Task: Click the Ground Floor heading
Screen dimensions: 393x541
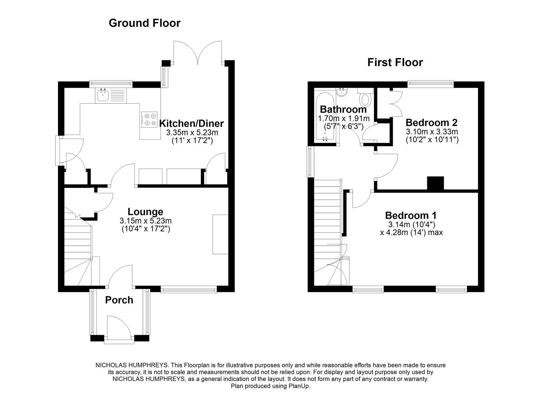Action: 144,23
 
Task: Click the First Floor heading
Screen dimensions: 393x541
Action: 395,62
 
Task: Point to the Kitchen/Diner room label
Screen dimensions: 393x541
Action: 192,123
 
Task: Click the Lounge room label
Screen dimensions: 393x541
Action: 145,212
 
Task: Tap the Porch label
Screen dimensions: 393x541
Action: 119,300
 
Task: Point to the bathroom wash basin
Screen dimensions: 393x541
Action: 342,92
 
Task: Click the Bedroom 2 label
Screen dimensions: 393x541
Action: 431,122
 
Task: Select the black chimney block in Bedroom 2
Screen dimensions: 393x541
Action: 435,183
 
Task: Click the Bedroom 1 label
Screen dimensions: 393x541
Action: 411,215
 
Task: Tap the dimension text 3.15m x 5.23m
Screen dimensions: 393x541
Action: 145,221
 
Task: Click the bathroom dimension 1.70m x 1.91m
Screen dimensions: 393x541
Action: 344,119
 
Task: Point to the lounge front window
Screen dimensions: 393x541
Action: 188,289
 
